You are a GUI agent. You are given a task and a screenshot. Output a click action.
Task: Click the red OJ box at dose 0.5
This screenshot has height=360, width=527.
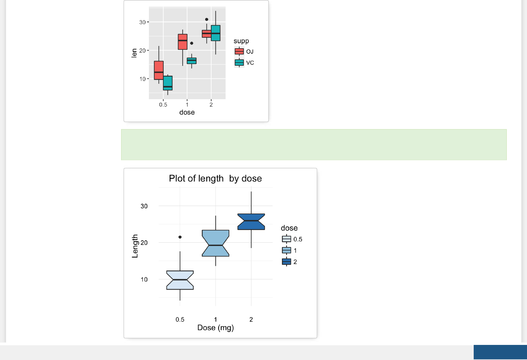pos(159,70)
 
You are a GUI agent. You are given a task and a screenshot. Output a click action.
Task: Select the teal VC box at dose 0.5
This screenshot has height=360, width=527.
pos(168,83)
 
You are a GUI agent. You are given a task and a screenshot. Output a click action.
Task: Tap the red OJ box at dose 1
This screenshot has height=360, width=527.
pos(182,42)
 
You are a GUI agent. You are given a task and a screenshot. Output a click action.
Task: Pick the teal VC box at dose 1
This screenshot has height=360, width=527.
pos(191,61)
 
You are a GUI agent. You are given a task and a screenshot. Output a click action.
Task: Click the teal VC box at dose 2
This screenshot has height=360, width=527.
pos(216,33)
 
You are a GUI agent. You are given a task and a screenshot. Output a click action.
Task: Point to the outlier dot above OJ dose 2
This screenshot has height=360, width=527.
pos(207,19)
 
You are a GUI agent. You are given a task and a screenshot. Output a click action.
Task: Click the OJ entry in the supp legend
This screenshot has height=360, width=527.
pos(244,51)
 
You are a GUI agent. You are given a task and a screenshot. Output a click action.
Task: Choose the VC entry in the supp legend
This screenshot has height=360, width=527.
pos(244,63)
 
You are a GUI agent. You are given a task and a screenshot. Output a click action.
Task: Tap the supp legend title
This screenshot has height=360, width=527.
pos(241,41)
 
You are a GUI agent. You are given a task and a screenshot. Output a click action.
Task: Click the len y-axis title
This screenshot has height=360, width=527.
pos(134,53)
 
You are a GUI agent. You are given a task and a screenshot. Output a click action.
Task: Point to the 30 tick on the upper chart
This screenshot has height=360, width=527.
pos(142,22)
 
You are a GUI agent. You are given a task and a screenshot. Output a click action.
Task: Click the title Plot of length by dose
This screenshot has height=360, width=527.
pos(215,178)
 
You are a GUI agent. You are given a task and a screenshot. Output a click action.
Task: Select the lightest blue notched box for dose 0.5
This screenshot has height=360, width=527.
pos(180,280)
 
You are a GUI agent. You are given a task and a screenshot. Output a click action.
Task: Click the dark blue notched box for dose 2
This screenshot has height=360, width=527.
pos(251,222)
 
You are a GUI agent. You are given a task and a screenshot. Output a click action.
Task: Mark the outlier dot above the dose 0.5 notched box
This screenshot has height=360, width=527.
pos(180,237)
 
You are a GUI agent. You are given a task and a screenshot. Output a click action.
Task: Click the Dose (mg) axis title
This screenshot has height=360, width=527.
pos(216,327)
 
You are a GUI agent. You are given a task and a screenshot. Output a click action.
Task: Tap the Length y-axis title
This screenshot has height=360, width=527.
pos(135,246)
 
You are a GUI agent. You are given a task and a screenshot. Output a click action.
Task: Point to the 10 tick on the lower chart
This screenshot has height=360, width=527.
pos(144,279)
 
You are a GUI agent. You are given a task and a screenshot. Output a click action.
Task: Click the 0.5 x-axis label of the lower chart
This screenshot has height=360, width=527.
pos(180,319)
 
